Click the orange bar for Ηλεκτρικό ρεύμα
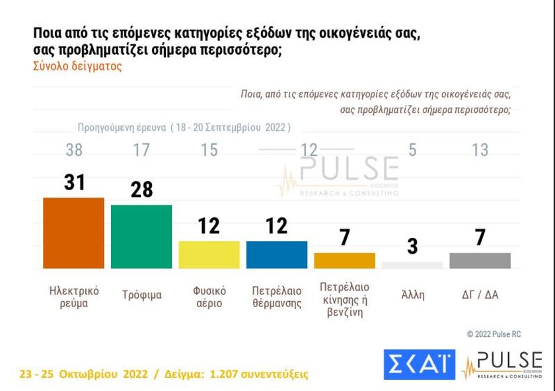click(73, 233)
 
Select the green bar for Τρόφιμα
click(141, 236)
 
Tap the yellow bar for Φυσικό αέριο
click(209, 254)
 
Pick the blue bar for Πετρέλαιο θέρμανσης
click(277, 254)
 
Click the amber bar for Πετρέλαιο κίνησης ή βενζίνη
click(344, 260)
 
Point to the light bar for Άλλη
click(412, 265)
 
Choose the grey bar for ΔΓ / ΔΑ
click(480, 260)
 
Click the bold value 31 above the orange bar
click(75, 182)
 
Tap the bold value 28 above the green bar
click(141, 190)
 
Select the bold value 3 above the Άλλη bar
click(412, 247)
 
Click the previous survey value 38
click(74, 150)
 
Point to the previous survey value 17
click(141, 150)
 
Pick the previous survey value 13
click(480, 150)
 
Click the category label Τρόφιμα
click(141, 295)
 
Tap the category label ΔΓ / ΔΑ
click(480, 295)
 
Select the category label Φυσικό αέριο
click(209, 297)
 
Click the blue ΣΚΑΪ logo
click(420, 364)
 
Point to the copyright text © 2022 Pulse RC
click(494, 334)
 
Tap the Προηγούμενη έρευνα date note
click(184, 127)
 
